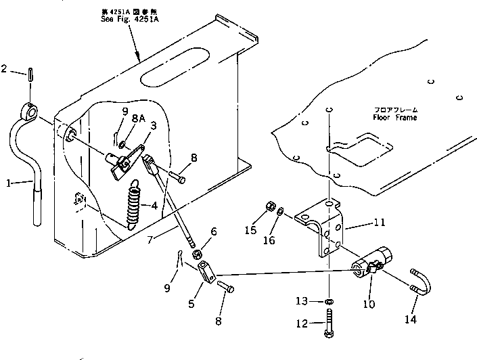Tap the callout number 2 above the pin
click(x=5, y=68)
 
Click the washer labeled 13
click(x=328, y=301)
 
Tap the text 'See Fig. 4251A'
click(x=127, y=20)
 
